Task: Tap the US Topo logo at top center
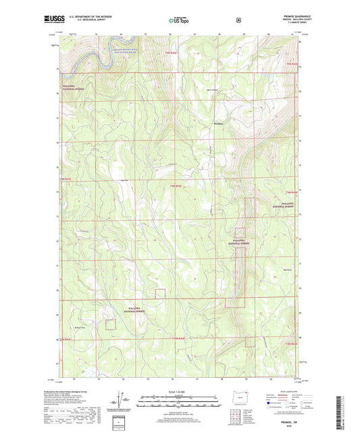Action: click(x=179, y=21)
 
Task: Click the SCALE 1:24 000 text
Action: click(x=179, y=391)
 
